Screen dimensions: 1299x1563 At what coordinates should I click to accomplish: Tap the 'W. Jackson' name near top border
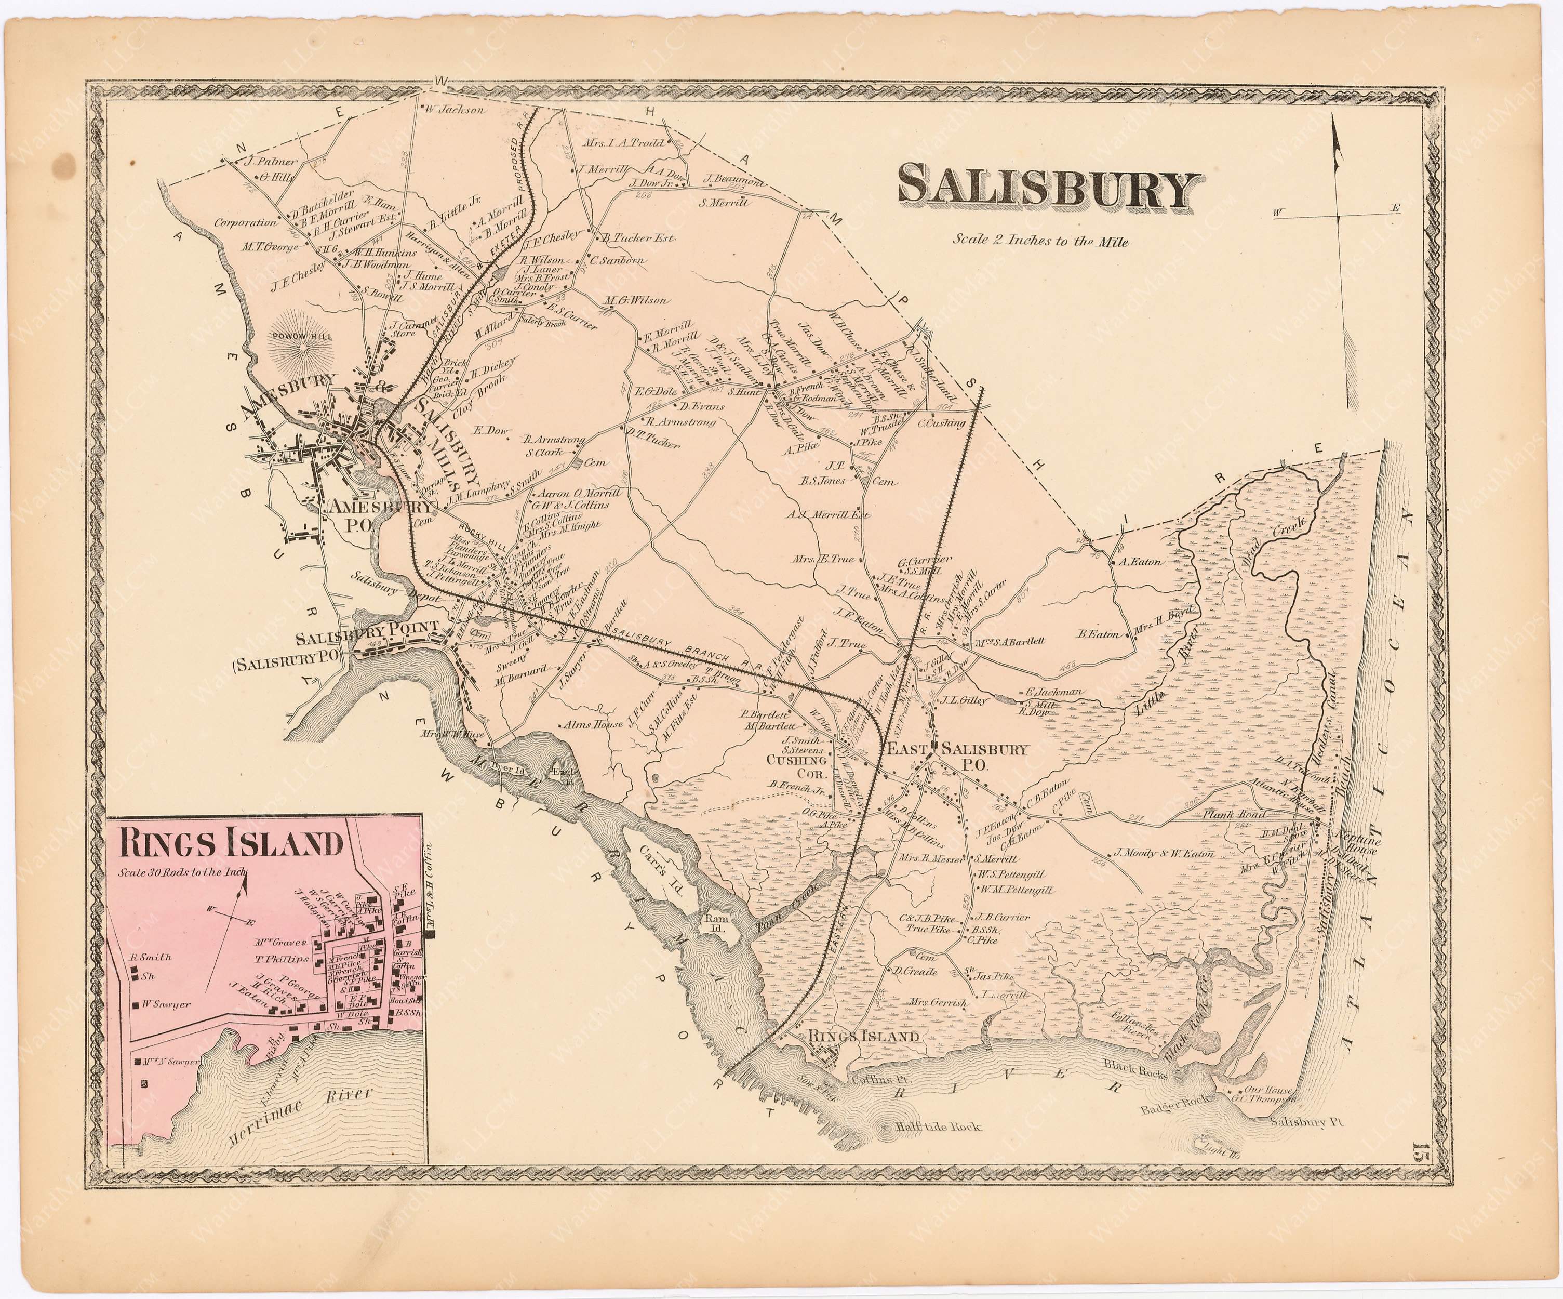[456, 110]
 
